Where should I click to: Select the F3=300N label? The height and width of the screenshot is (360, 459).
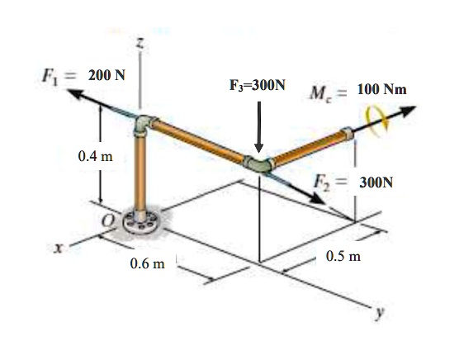[258, 85]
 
